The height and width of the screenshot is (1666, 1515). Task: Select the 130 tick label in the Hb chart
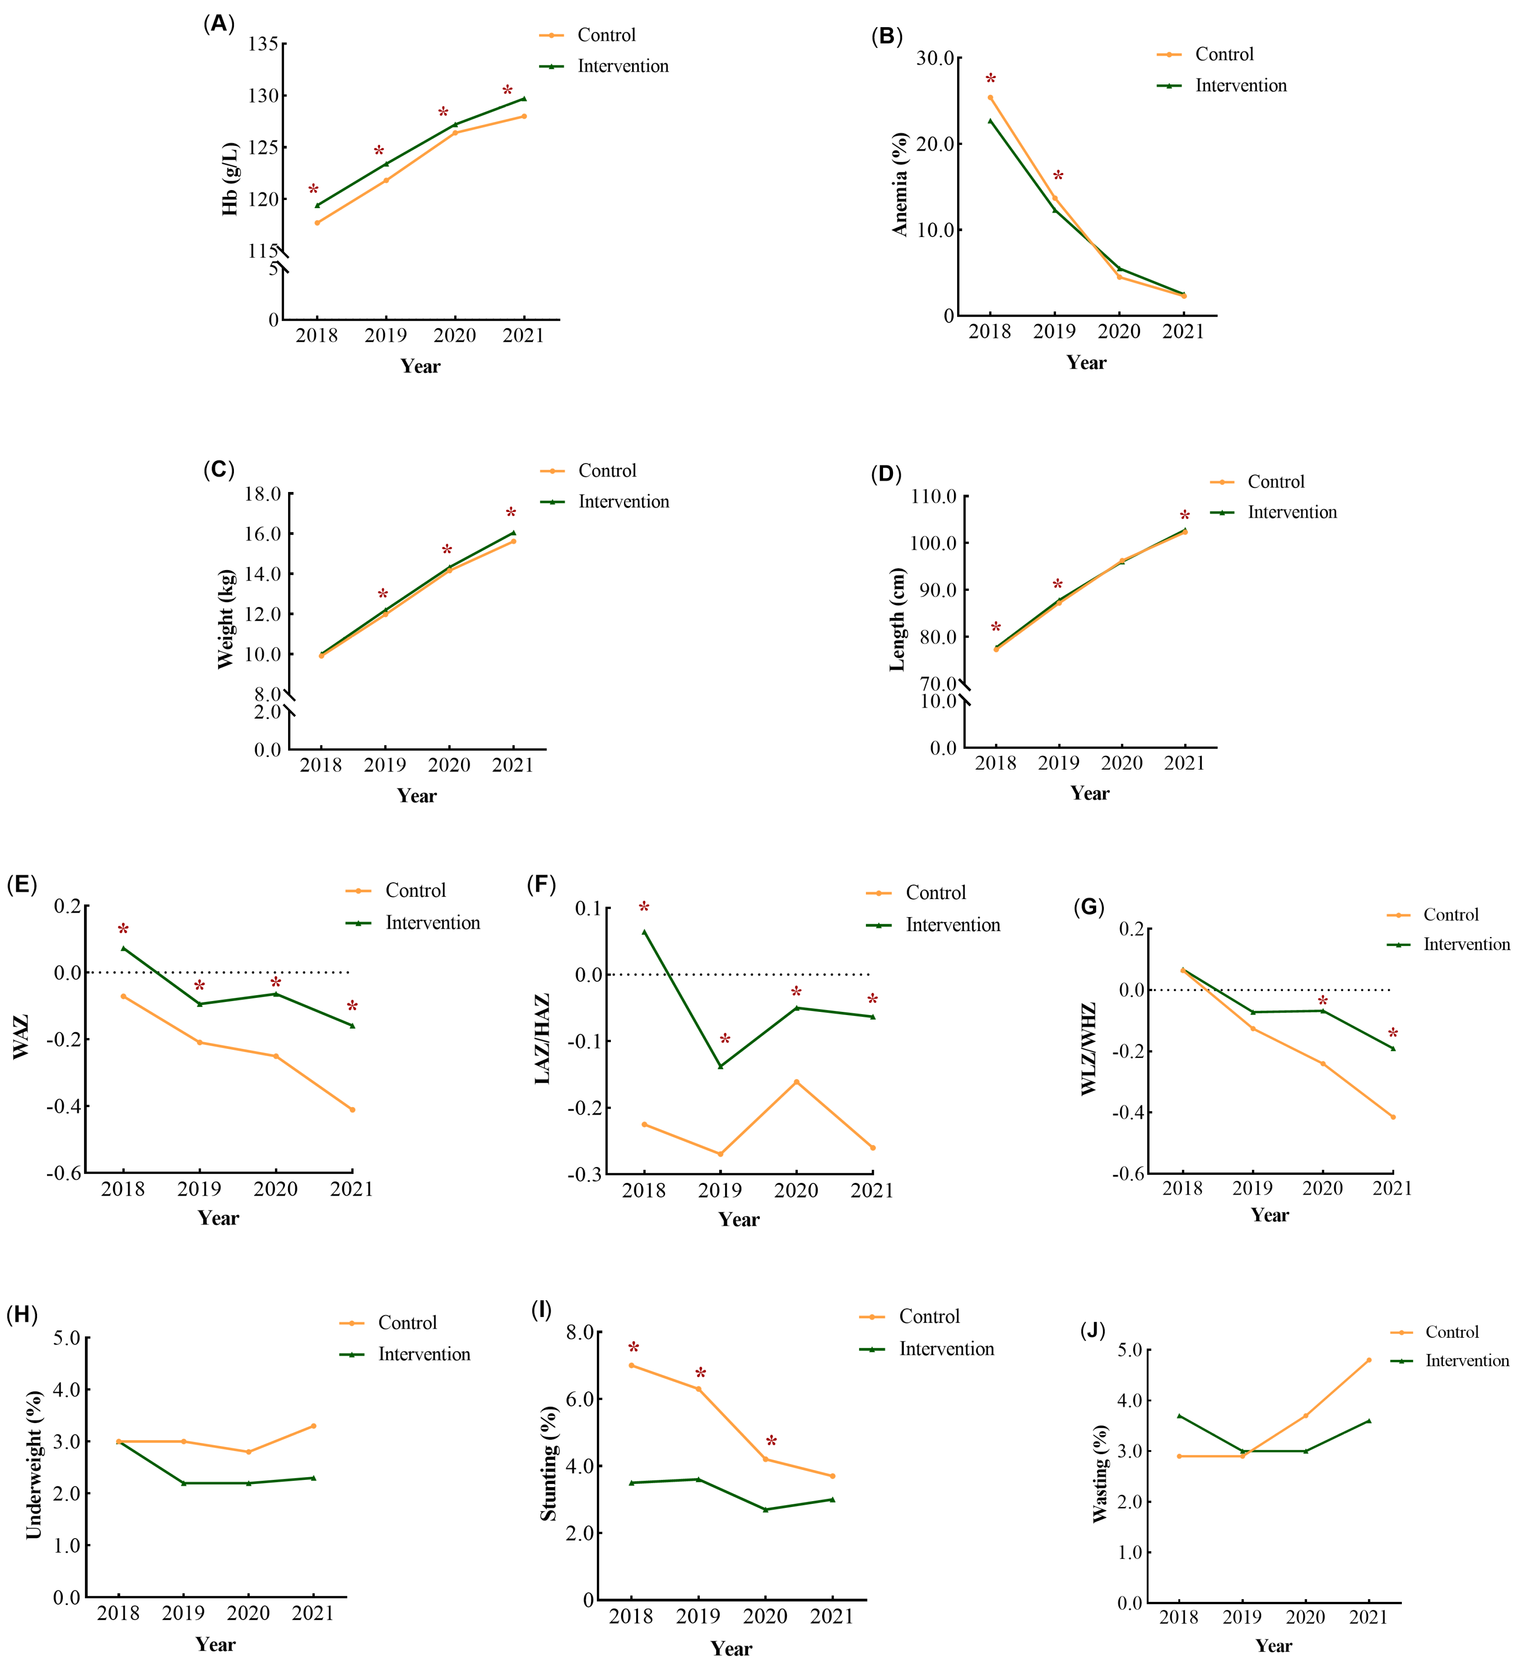[x=263, y=96]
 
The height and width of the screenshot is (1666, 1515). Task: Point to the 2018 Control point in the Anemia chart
[x=990, y=98]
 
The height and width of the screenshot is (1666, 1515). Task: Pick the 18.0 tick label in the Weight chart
[x=263, y=494]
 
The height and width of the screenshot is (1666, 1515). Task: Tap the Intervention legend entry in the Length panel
[x=1274, y=512]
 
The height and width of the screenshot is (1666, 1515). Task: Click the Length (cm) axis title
[x=898, y=620]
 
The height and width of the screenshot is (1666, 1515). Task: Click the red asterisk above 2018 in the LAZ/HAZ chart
[x=644, y=908]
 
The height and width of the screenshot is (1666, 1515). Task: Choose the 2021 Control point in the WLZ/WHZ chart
[x=1393, y=1117]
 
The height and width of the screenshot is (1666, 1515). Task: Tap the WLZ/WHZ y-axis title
[x=1089, y=1049]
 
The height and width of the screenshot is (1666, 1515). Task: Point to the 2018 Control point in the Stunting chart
[x=632, y=1365]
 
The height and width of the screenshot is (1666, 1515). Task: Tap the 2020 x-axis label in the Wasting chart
[x=1306, y=1617]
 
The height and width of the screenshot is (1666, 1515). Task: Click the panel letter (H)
[x=22, y=1315]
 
